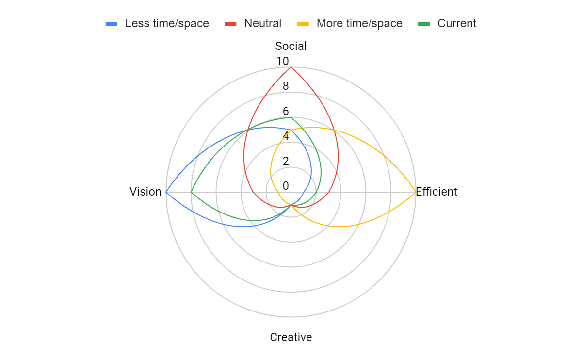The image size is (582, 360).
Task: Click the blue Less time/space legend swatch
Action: pos(112,24)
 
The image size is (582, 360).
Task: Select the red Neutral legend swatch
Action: pos(230,24)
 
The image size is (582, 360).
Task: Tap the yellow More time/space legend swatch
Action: pos(303,24)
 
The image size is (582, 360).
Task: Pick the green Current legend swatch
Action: pos(424,24)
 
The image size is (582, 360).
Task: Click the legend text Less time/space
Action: pos(167,23)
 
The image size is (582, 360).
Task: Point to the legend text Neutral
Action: pos(263,23)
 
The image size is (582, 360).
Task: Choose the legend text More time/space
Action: pos(359,23)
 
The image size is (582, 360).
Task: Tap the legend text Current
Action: pos(457,23)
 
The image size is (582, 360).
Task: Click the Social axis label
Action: pos(291,46)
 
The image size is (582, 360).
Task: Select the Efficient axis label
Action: pos(436,192)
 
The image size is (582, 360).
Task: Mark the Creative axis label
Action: pos(291,337)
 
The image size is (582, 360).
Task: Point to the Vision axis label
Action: pos(145,192)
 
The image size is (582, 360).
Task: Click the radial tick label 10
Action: pos(282,61)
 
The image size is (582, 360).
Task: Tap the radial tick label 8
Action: pos(286,86)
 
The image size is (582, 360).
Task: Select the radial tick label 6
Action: pos(286,111)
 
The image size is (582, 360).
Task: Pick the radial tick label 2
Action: pos(286,161)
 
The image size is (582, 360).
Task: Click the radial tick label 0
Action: pos(286,186)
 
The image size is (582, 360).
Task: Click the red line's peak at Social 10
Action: pos(291,67)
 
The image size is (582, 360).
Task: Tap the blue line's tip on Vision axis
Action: pos(166,192)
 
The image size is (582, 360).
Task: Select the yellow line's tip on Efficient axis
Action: pos(416,192)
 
